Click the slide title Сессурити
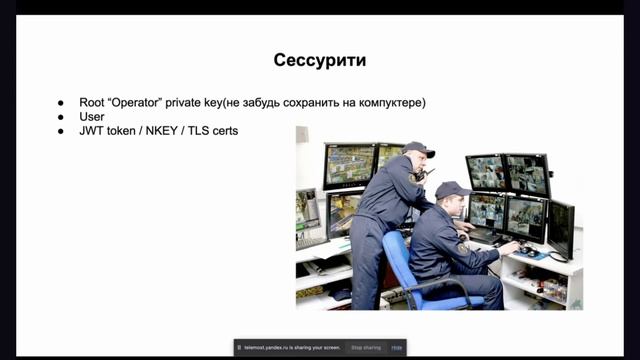click(x=319, y=60)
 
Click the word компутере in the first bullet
click(x=389, y=102)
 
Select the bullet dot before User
click(x=60, y=116)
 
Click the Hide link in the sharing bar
click(x=397, y=347)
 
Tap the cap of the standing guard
click(x=418, y=149)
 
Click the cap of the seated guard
click(x=451, y=189)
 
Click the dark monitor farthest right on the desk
click(x=561, y=227)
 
